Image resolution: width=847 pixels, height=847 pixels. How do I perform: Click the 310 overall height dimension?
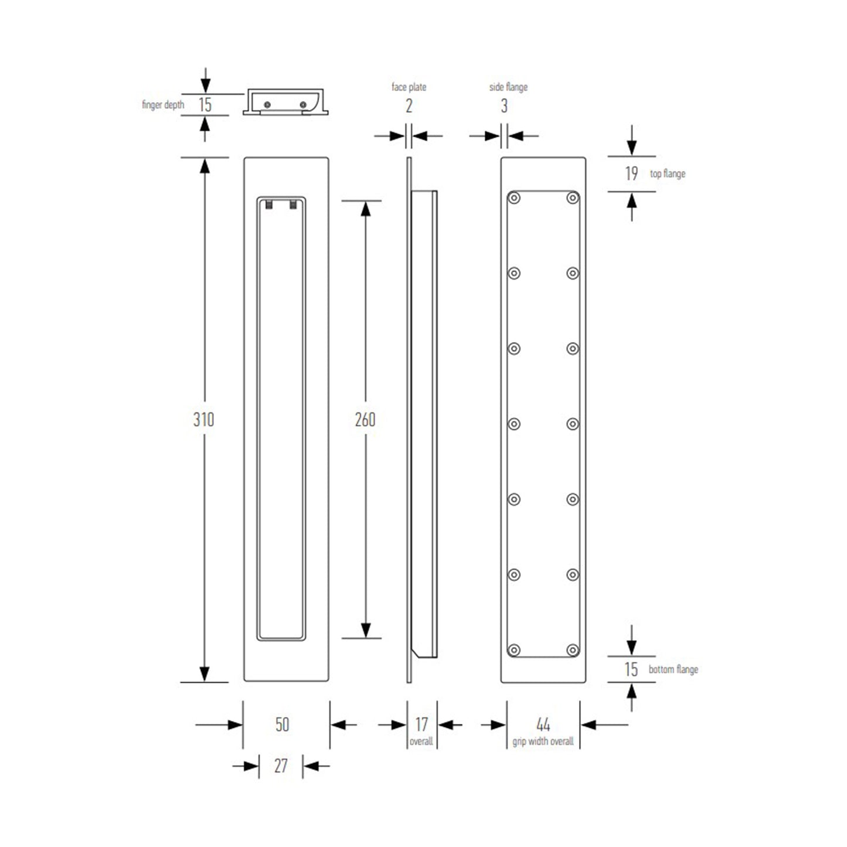[203, 420]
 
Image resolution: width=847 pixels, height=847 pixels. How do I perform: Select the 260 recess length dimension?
[365, 420]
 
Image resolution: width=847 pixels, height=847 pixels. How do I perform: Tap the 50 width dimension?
[282, 724]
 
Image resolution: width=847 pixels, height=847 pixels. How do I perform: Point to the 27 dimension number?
[281, 766]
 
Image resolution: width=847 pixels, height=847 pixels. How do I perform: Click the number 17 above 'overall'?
[421, 724]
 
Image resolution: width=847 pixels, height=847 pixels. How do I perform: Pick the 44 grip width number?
[543, 724]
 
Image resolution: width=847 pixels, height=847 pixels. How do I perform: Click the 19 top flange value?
[631, 174]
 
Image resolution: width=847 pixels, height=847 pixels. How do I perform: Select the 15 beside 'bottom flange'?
[631, 669]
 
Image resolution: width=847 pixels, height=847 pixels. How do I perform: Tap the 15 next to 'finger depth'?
[205, 105]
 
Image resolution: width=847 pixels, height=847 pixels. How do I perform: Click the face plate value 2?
[409, 106]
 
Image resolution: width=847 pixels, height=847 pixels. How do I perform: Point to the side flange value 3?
[504, 106]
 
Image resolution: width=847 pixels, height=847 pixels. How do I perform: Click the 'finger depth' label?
[163, 105]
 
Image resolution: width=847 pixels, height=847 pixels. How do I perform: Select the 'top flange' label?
[667, 174]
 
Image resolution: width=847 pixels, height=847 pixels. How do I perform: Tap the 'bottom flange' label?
[673, 669]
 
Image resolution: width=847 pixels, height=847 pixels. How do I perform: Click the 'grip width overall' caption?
[543, 741]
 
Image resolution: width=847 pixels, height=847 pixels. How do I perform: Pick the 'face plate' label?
[409, 87]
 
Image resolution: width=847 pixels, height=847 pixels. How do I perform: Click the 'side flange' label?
[508, 87]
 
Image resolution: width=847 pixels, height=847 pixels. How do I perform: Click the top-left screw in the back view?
[514, 198]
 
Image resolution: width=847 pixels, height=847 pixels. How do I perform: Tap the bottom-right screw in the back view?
[573, 649]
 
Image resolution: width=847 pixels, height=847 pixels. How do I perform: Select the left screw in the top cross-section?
[268, 104]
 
